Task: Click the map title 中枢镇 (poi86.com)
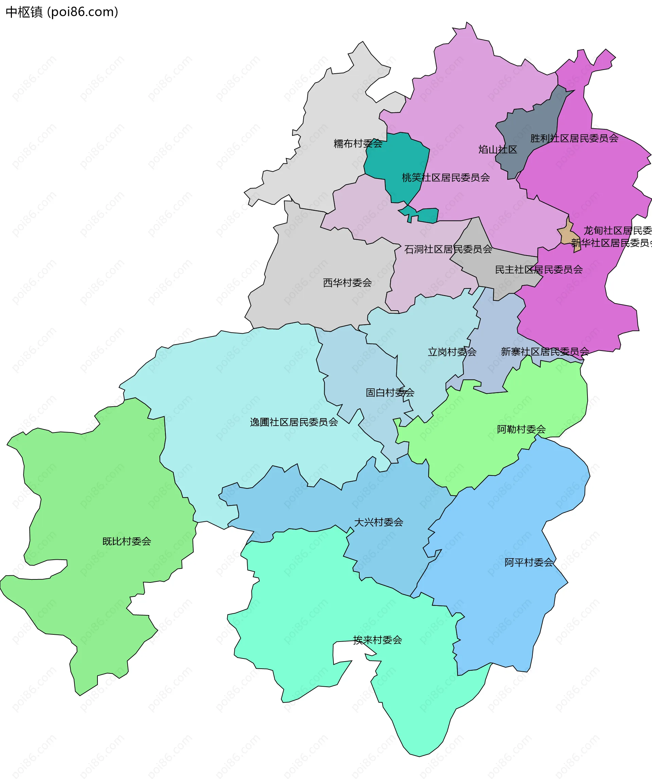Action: pyautogui.click(x=62, y=12)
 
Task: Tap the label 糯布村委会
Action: pyautogui.click(x=358, y=144)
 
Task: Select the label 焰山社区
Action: pyautogui.click(x=497, y=150)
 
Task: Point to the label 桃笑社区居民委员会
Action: pyautogui.click(x=445, y=178)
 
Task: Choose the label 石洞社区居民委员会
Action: pyautogui.click(x=448, y=249)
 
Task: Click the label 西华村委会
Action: pyautogui.click(x=347, y=283)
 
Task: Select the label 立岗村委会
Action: pyautogui.click(x=452, y=352)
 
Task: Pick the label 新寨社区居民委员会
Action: pyautogui.click(x=544, y=351)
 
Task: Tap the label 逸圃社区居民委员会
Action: pyautogui.click(x=293, y=422)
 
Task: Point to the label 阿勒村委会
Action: pyautogui.click(x=521, y=429)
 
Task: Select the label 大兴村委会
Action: pyautogui.click(x=379, y=522)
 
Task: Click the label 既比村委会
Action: pyautogui.click(x=127, y=541)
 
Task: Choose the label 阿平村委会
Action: pyautogui.click(x=528, y=562)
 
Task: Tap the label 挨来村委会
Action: pyautogui.click(x=377, y=640)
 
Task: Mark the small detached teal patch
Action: pyautogui.click(x=427, y=215)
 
